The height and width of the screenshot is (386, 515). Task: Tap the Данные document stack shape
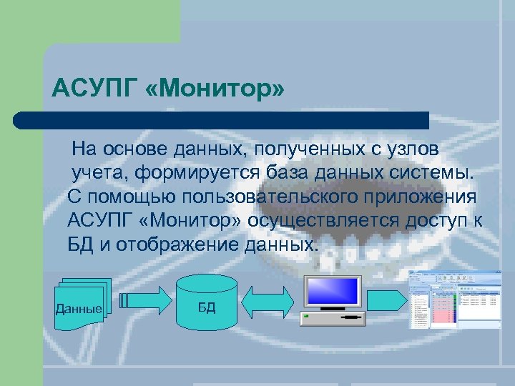(82, 302)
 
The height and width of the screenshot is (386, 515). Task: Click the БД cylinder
(206, 301)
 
